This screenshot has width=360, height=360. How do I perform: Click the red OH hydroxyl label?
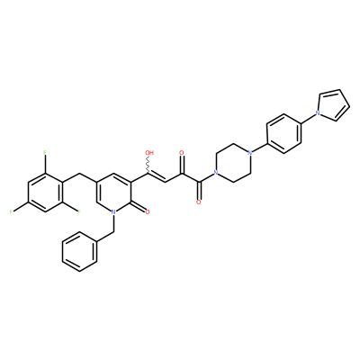[x=149, y=153]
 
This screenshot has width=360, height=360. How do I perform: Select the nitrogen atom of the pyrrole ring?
[x=317, y=113]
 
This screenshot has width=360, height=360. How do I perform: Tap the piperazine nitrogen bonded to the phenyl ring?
[x=249, y=153]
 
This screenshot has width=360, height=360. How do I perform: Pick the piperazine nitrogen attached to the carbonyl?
[x=215, y=173]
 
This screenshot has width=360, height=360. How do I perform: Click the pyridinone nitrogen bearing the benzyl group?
[x=113, y=212]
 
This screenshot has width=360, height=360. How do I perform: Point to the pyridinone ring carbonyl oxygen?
[x=147, y=212]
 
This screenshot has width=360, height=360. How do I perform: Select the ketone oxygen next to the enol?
[x=181, y=153]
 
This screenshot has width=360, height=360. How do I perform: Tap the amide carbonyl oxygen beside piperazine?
[x=198, y=202]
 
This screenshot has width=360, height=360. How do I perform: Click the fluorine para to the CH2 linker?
[x=11, y=212]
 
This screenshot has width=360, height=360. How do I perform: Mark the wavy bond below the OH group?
[x=148, y=165]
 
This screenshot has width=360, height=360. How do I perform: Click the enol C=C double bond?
[x=156, y=177]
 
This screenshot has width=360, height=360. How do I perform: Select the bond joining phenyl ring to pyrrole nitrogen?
[x=307, y=118]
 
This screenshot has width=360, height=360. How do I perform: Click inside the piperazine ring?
[x=232, y=163]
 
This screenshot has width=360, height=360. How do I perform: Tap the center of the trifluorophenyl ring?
[x=45, y=193]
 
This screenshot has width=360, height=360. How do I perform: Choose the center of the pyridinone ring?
[x=113, y=193]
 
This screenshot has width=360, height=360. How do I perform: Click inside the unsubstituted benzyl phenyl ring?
[x=79, y=252]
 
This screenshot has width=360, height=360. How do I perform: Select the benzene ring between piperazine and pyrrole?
[x=283, y=133]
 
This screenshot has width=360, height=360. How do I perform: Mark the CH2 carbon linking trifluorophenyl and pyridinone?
[x=79, y=173]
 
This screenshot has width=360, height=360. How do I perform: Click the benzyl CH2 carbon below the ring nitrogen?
[x=113, y=232]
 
